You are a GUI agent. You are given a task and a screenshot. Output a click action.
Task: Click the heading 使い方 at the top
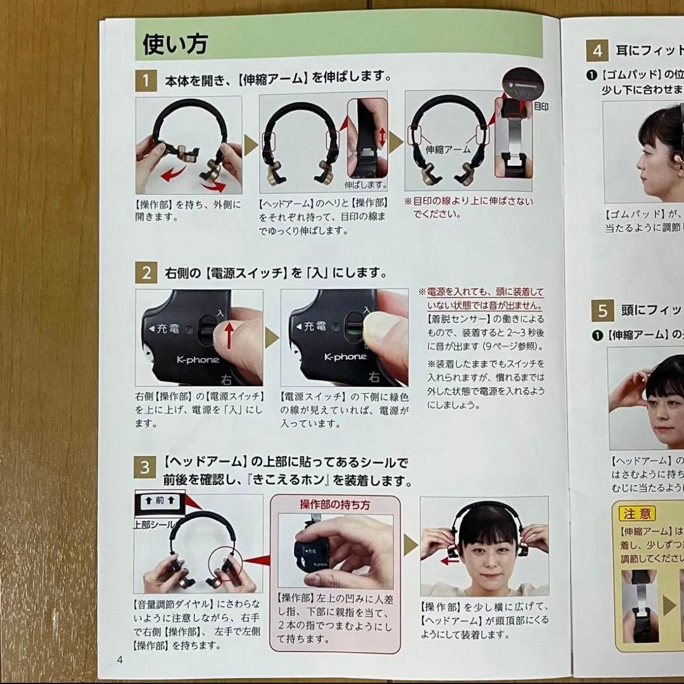[175, 44]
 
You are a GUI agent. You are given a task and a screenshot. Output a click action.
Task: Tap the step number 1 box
[146, 80]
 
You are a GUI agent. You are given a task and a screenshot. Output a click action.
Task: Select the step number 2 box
[146, 274]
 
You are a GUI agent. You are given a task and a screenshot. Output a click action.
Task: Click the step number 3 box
[146, 467]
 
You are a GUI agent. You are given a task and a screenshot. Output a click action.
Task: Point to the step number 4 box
[597, 51]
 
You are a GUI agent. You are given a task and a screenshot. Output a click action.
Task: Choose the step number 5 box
[602, 310]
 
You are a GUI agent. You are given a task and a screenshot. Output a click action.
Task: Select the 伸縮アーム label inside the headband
[448, 149]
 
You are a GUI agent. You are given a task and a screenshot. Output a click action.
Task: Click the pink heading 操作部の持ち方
[335, 505]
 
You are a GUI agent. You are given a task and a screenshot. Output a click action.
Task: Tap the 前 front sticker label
[159, 500]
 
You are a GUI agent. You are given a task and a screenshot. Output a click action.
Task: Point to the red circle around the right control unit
[228, 558]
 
